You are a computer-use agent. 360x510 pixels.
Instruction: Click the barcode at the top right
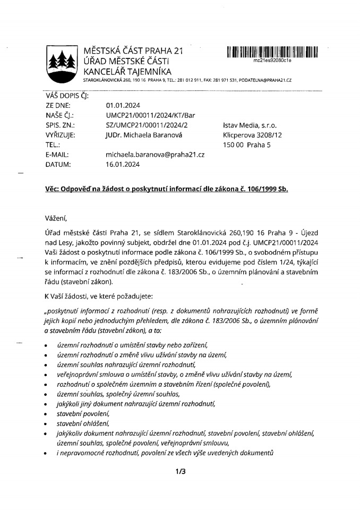272,52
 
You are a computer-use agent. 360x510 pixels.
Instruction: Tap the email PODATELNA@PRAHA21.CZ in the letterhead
265,80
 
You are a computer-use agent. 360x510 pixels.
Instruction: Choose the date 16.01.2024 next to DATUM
123,165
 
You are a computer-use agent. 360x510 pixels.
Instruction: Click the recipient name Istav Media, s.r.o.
250,125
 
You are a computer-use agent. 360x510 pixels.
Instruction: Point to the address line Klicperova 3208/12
252,135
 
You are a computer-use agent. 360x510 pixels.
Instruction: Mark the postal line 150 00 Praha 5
247,144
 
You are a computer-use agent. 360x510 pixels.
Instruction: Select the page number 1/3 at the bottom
179,471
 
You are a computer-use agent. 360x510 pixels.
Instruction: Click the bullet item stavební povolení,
83,413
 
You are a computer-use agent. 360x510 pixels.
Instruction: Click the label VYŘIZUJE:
60,135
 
